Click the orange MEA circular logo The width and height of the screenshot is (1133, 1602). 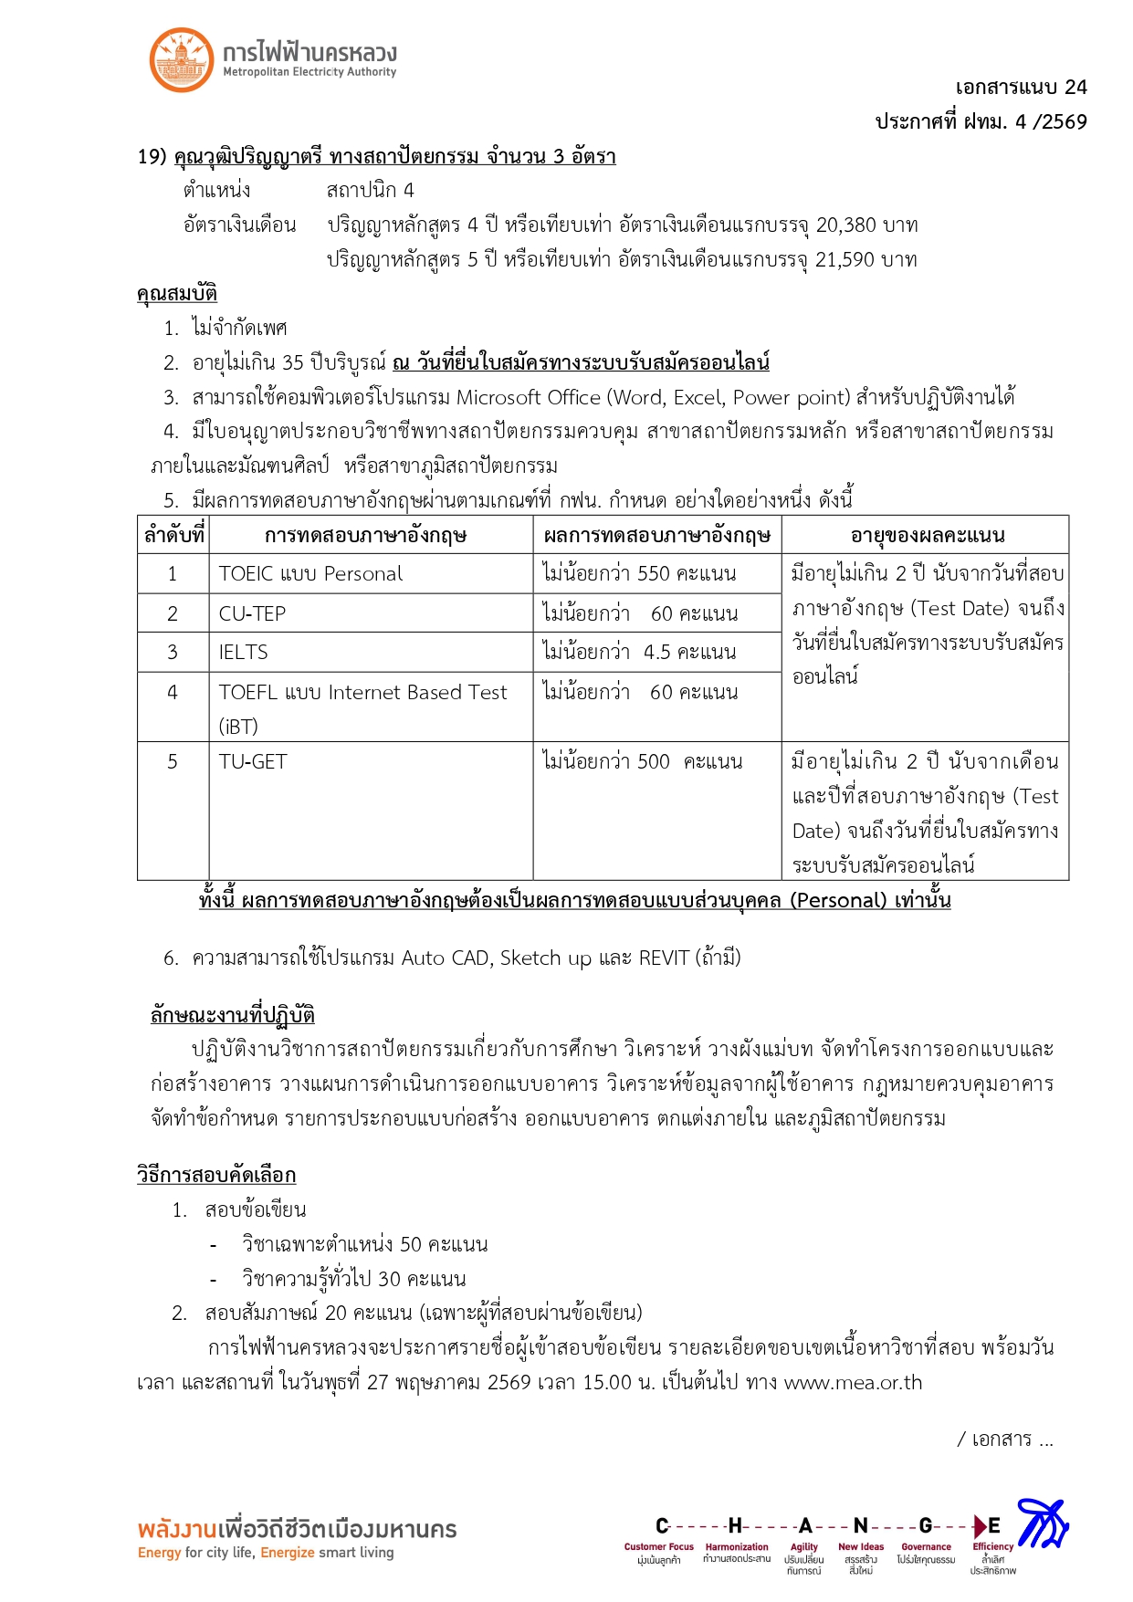(x=182, y=59)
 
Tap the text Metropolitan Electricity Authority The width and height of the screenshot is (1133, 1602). (x=309, y=72)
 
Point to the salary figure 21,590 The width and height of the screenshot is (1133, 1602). (x=845, y=260)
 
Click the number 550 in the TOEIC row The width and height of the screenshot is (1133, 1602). (x=654, y=574)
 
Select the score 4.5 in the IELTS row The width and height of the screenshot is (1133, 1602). (x=657, y=653)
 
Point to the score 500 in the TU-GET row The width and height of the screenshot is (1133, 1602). (x=654, y=762)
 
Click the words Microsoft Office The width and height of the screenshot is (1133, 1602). (x=529, y=398)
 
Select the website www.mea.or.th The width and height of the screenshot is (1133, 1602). (x=854, y=1383)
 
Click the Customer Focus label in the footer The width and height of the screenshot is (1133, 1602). (x=658, y=1547)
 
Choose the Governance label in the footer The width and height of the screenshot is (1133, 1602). (x=926, y=1547)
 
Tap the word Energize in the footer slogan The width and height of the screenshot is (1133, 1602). (x=288, y=1553)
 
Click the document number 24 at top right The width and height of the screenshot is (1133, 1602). (x=1075, y=88)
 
